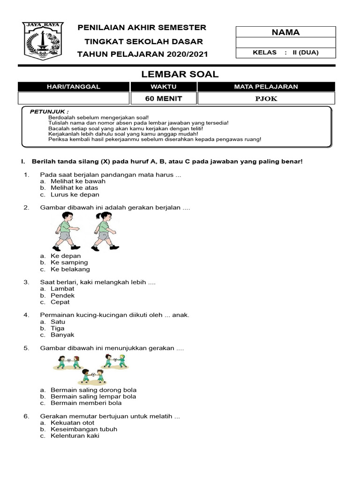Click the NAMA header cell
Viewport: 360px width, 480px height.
point(285,32)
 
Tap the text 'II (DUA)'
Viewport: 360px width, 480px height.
point(305,52)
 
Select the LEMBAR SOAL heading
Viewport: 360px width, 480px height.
point(180,74)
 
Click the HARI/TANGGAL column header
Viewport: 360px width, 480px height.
point(74,87)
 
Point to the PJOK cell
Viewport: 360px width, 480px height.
point(266,98)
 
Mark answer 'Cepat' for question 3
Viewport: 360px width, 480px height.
point(60,302)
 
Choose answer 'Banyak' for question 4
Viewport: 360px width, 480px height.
point(62,335)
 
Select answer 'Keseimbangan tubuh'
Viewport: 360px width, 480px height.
point(84,429)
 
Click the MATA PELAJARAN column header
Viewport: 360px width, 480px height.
point(266,87)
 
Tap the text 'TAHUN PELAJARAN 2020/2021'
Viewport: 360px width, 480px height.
point(142,54)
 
